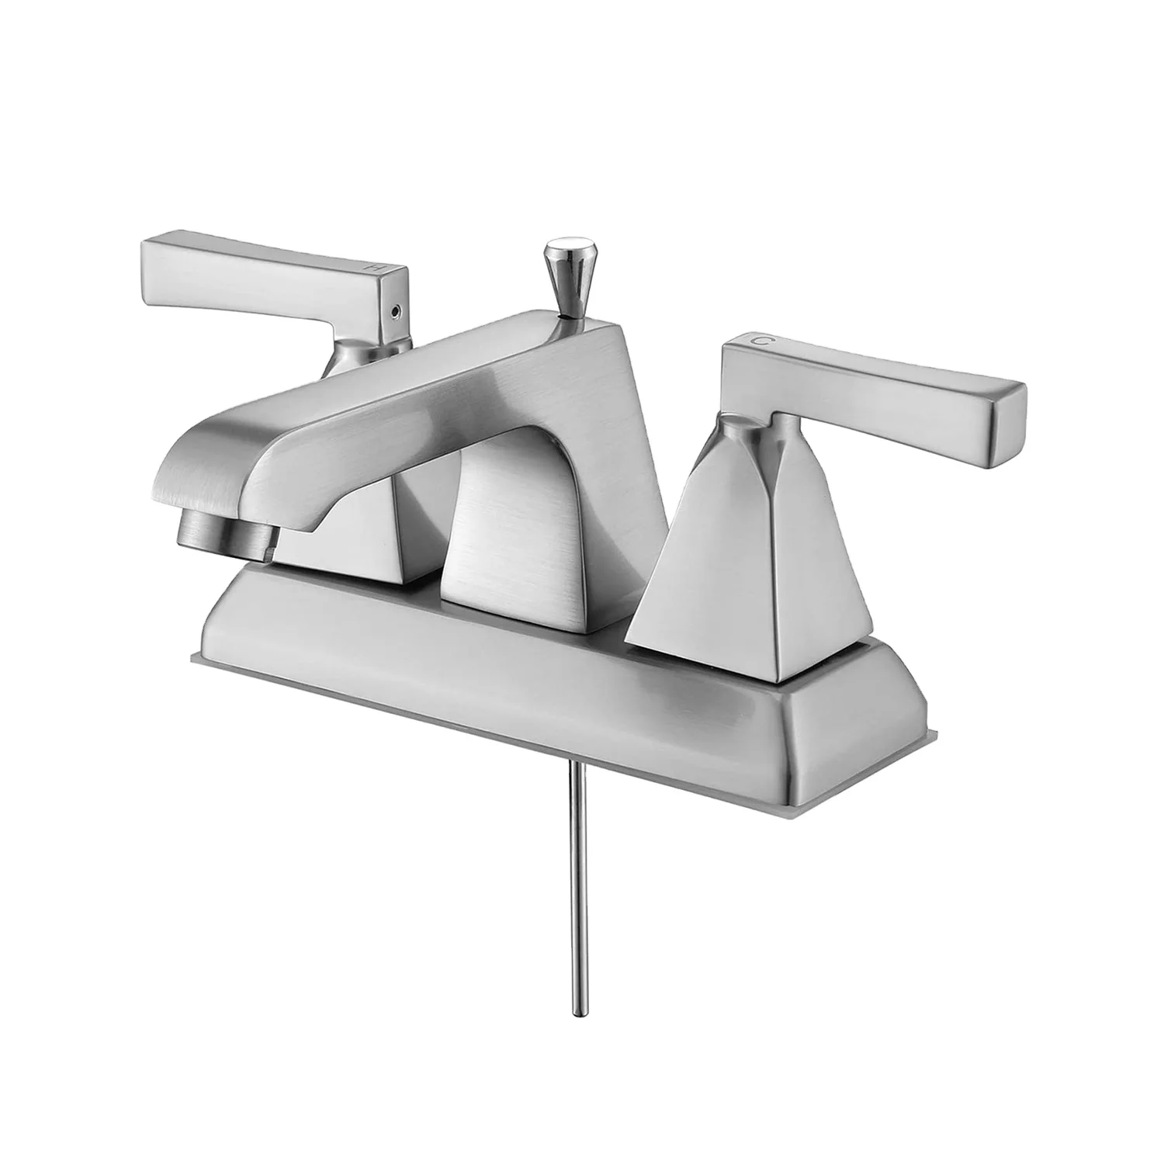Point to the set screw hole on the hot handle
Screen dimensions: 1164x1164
(x=397, y=312)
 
